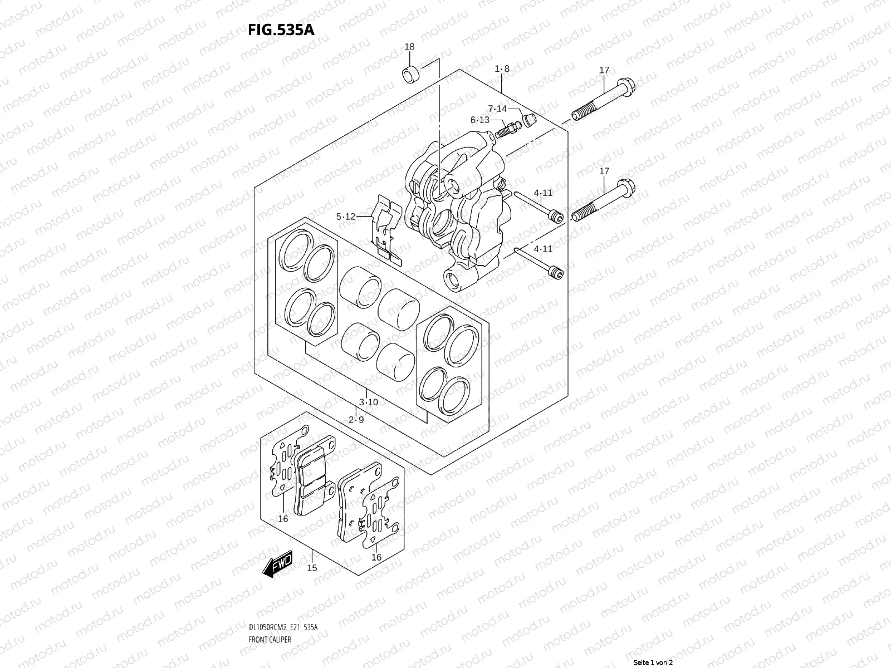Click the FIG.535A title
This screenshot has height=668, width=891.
click(281, 30)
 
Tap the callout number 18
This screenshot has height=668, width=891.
click(409, 47)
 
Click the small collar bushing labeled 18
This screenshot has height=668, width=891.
click(412, 73)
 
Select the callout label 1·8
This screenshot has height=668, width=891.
click(502, 69)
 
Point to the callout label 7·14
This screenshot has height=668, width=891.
click(497, 109)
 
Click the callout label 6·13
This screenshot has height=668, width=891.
click(480, 120)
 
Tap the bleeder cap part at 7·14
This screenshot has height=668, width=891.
click(529, 120)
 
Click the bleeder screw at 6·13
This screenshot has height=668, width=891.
click(508, 130)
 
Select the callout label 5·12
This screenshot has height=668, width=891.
click(345, 217)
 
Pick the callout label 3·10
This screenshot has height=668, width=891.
click(368, 402)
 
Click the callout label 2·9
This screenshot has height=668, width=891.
click(356, 420)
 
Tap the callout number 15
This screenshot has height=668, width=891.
click(312, 568)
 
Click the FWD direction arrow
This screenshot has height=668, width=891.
click(278, 563)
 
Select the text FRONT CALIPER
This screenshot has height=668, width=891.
click(270, 640)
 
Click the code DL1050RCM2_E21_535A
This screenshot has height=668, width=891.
click(283, 627)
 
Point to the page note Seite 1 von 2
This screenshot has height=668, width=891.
click(653, 663)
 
